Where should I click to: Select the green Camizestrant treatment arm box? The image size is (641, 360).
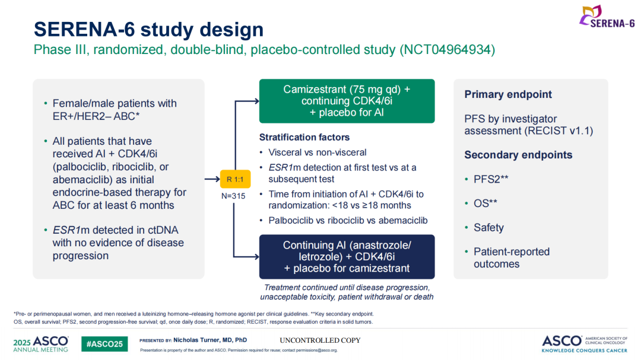[347, 101]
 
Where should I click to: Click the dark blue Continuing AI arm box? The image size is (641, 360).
[347, 256]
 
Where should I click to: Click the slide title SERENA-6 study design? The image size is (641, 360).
[148, 29]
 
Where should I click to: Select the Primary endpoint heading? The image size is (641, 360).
[508, 94]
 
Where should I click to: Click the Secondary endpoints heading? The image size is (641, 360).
[518, 155]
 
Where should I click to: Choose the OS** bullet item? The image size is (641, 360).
[485, 203]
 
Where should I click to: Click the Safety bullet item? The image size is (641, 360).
[488, 227]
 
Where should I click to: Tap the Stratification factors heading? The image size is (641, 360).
[304, 137]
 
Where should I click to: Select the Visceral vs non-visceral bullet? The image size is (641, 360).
[317, 152]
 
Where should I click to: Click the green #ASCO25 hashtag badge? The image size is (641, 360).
[104, 344]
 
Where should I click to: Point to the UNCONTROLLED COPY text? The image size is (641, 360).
[320, 340]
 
